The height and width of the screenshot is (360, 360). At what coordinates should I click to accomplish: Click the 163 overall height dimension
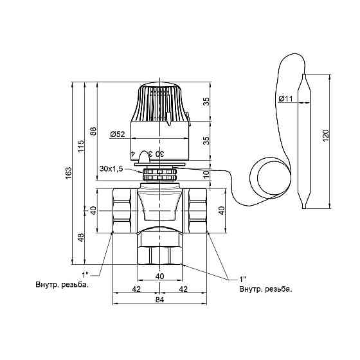(69, 173)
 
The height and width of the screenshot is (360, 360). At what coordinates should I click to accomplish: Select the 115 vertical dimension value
(81, 146)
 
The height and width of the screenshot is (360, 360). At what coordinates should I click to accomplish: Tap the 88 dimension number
(94, 131)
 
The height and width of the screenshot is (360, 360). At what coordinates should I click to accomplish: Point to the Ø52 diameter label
(118, 134)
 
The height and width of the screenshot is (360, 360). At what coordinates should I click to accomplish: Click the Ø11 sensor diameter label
(285, 99)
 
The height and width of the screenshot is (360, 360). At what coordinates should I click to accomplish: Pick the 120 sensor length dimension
(326, 136)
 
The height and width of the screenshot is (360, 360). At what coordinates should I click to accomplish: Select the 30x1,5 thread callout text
(111, 168)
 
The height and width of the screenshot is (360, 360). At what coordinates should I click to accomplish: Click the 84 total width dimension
(160, 300)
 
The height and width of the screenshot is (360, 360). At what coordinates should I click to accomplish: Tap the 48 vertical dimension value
(81, 237)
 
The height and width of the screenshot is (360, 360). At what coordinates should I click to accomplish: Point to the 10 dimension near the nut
(206, 174)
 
